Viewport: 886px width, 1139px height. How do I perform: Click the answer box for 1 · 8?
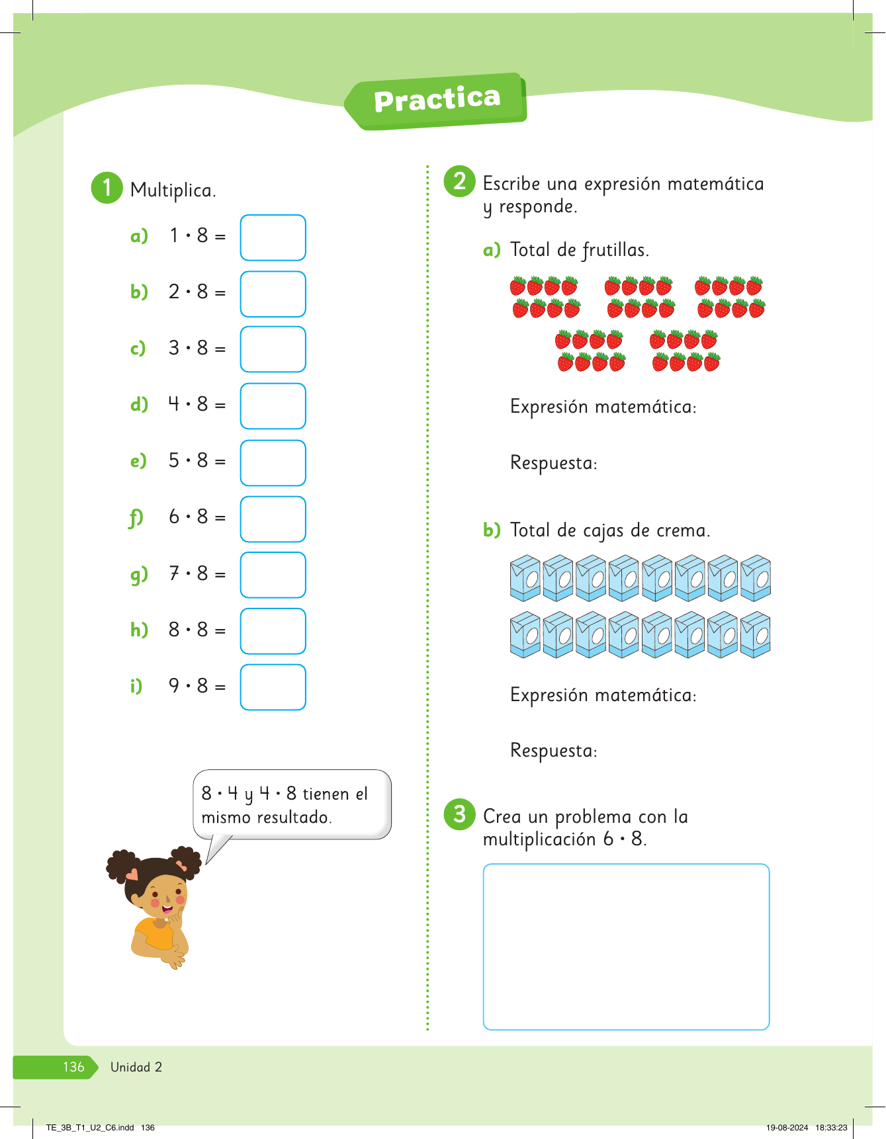pyautogui.click(x=273, y=237)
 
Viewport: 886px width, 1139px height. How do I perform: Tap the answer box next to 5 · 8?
pyautogui.click(x=273, y=463)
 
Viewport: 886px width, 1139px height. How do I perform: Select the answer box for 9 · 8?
pyautogui.click(x=273, y=687)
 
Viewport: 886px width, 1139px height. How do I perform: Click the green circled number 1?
pyautogui.click(x=107, y=188)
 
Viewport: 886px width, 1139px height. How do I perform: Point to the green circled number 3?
pyautogui.click(x=459, y=814)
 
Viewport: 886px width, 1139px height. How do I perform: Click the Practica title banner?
pyautogui.click(x=436, y=101)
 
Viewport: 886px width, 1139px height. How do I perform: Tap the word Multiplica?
pyautogui.click(x=173, y=190)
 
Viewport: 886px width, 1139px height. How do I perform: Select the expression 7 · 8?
pyautogui.click(x=189, y=573)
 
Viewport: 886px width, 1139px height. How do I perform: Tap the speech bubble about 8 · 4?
pyautogui.click(x=291, y=805)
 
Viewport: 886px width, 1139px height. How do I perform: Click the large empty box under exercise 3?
pyautogui.click(x=626, y=947)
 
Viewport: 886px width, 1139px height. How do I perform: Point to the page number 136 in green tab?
pyautogui.click(x=73, y=1067)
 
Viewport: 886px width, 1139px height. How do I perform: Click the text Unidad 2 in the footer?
pyautogui.click(x=136, y=1067)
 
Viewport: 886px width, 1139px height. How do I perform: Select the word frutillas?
pyautogui.click(x=615, y=250)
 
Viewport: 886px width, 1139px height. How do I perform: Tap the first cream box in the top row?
pyautogui.click(x=525, y=579)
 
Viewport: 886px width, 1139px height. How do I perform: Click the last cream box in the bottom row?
pyautogui.click(x=755, y=635)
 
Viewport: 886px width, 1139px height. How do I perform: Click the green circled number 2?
pyautogui.click(x=459, y=181)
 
